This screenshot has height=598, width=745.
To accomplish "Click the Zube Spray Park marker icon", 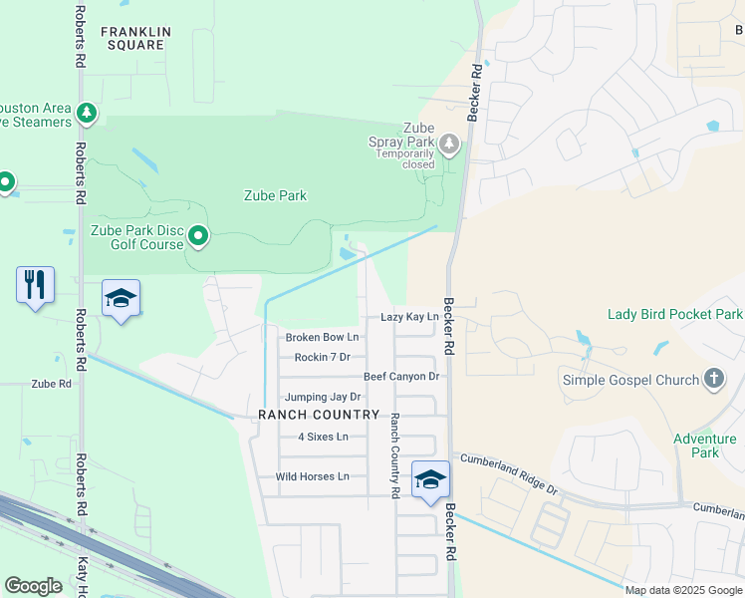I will (449, 146).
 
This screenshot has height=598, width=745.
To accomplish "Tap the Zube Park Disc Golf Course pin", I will (198, 236).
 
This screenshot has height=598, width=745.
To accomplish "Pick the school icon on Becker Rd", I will (430, 479).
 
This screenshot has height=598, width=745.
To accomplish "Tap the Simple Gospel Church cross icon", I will (712, 379).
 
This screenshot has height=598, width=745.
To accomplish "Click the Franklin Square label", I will (135, 39).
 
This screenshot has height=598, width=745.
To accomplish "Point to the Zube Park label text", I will (275, 195).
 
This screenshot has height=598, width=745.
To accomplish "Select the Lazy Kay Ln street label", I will (409, 317).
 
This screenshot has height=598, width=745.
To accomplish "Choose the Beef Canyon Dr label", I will (401, 377).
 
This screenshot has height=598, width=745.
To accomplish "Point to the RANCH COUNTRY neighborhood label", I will (319, 415).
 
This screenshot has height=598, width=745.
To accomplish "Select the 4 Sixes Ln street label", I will (323, 437).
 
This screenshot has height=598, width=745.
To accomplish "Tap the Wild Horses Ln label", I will (313, 476).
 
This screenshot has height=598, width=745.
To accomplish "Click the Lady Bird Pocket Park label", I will (674, 315).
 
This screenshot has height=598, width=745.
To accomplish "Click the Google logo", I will (33, 586).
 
